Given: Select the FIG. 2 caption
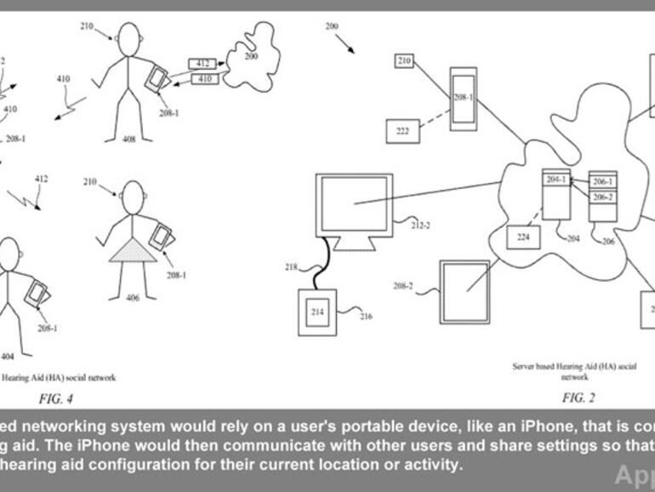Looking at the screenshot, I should (578, 398).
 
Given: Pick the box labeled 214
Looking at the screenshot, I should (317, 312).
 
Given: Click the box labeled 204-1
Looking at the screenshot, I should (555, 179).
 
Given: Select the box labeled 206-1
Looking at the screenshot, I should (602, 182).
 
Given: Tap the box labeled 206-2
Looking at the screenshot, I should (602, 197).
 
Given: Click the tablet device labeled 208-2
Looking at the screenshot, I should (464, 289).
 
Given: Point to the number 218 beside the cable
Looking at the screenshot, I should (291, 266).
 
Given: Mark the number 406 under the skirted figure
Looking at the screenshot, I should (132, 297).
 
